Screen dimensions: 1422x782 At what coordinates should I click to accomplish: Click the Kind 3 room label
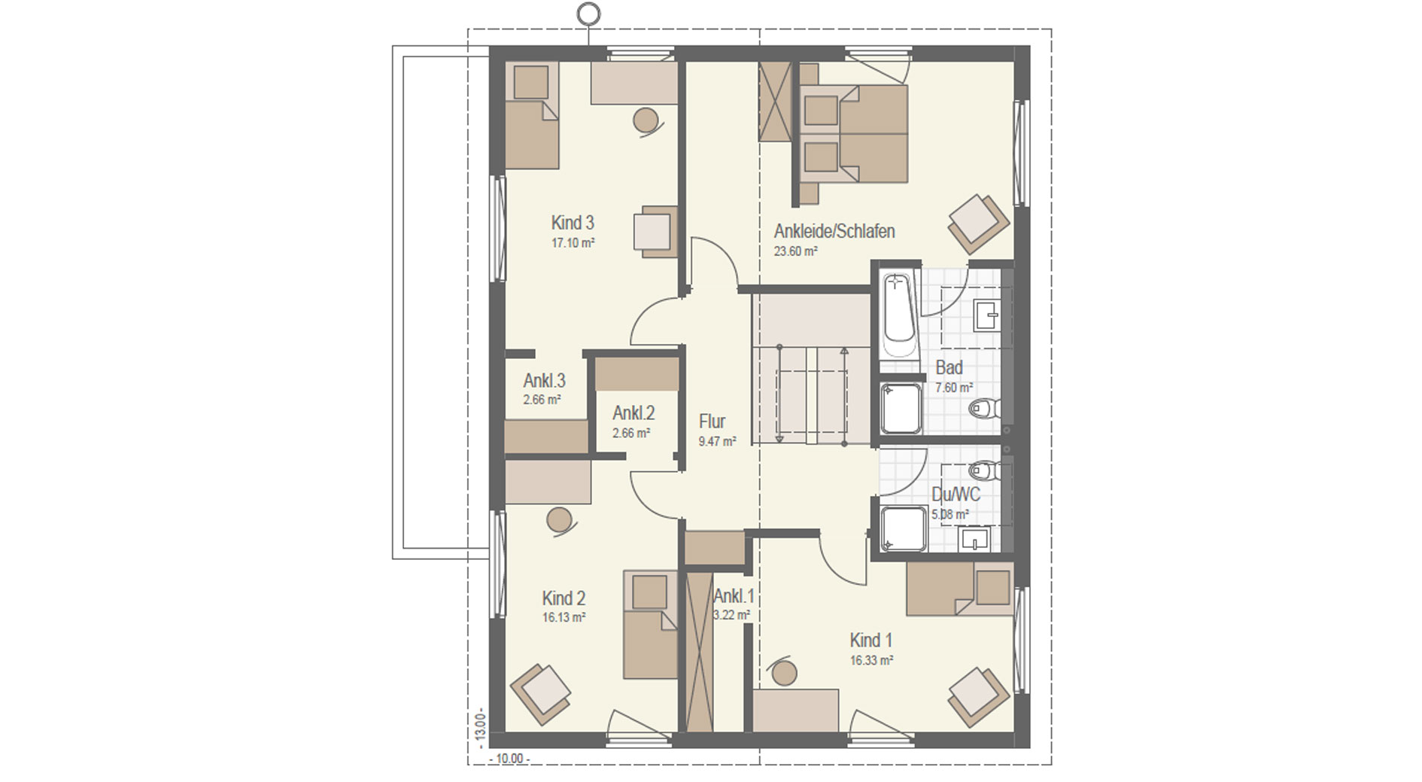573,223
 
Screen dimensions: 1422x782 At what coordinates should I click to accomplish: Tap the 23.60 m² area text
795,251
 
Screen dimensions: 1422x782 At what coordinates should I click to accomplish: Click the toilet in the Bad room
985,409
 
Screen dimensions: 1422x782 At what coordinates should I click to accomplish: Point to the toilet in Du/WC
985,470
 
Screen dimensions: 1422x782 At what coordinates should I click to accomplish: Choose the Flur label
712,421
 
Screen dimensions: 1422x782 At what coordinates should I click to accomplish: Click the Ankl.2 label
634,413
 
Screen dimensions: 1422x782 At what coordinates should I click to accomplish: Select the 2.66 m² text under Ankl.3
542,400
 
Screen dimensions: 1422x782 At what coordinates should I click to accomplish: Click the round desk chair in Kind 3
646,120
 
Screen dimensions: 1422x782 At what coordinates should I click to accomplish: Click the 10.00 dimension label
509,758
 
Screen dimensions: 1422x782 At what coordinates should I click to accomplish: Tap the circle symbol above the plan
589,13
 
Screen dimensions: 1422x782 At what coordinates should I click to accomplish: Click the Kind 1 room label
871,641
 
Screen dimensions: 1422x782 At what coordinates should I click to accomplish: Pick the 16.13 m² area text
564,618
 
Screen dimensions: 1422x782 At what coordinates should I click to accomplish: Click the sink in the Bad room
986,315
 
